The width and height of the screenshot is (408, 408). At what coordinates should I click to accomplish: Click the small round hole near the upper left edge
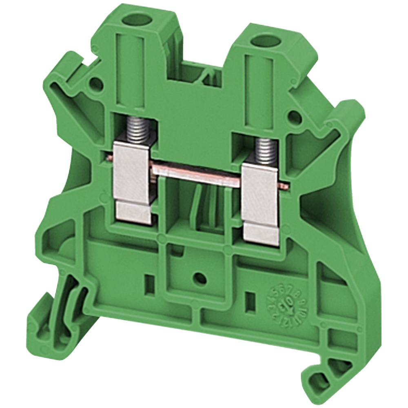pos(95,84)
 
